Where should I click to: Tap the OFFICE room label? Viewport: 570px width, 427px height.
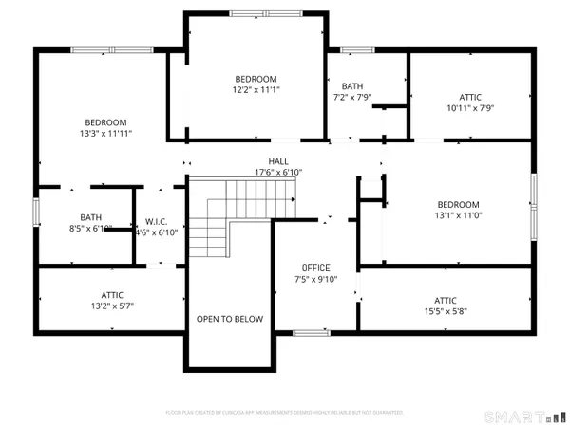point(315,268)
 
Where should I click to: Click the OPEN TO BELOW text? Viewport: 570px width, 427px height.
point(230,319)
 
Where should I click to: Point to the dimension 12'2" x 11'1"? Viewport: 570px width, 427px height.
point(256,90)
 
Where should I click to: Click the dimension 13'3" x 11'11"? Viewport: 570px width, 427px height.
point(105,134)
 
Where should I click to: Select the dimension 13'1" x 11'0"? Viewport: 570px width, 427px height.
point(458,216)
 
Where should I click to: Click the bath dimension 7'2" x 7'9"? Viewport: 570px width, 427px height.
point(352,97)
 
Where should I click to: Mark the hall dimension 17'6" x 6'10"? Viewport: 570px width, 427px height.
point(277,173)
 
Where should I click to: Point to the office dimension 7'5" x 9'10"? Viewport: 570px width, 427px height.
point(315,279)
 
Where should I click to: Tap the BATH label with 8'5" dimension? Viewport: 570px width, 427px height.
point(91,217)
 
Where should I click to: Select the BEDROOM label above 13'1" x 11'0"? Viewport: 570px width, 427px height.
point(458,205)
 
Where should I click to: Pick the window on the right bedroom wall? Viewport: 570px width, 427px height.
point(533,205)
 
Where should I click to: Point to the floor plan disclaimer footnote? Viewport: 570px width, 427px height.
point(285,413)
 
